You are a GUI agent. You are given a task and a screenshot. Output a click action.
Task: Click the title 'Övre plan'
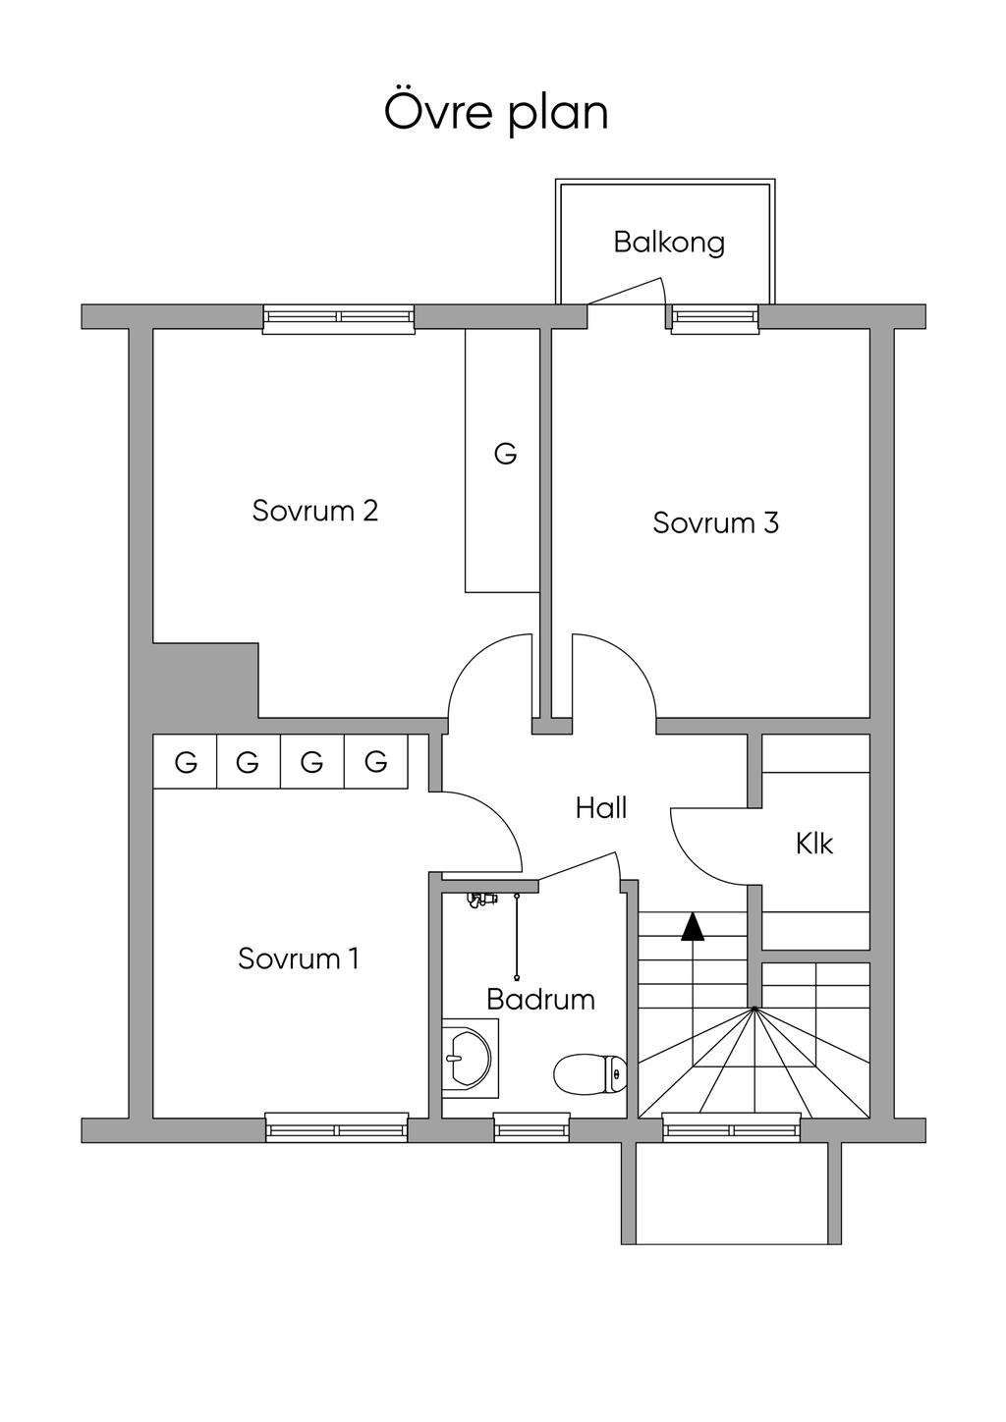click(496, 113)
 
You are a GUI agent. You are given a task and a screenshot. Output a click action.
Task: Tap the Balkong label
click(669, 244)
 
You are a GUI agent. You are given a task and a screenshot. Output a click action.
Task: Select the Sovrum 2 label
click(315, 511)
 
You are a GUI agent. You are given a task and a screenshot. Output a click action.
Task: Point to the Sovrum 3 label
click(715, 523)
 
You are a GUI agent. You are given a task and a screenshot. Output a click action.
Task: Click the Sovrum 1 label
click(299, 958)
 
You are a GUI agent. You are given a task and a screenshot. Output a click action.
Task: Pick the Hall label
click(601, 809)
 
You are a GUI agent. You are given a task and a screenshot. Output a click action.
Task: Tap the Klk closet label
click(813, 845)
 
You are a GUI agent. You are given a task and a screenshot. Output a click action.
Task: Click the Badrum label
click(540, 1000)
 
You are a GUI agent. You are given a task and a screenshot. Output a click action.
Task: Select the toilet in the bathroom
click(589, 1073)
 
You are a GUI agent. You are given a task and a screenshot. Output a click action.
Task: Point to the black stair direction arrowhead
click(693, 927)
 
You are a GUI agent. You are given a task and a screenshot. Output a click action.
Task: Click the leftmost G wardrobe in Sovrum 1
click(186, 762)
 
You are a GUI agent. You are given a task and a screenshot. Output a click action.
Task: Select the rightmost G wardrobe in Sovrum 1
click(376, 762)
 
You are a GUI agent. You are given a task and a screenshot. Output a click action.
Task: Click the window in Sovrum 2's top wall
click(339, 319)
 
